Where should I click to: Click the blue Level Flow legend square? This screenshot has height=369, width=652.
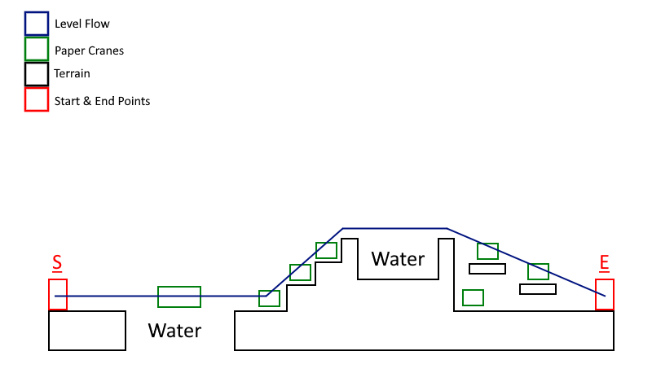click(x=37, y=24)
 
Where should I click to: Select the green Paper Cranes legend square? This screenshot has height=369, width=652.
click(x=37, y=49)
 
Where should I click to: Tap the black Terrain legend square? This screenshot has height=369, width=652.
click(x=37, y=74)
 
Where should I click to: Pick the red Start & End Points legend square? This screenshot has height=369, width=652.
click(x=37, y=99)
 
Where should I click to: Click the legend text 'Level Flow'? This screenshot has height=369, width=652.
click(x=81, y=24)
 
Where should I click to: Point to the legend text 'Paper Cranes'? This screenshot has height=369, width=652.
click(x=89, y=51)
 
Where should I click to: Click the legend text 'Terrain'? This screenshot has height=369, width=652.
click(x=72, y=74)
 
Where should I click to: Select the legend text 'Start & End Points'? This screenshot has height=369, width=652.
click(x=102, y=101)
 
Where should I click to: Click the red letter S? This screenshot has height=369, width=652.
click(x=57, y=263)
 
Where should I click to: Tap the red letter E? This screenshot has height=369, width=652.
click(x=604, y=262)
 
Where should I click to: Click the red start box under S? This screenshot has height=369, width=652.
click(x=58, y=294)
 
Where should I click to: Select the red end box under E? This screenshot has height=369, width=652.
click(x=605, y=294)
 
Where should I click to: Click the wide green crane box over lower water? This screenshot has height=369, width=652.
click(x=179, y=297)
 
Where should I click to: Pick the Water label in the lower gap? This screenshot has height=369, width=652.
click(x=174, y=331)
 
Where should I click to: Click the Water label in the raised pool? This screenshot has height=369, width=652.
click(x=398, y=259)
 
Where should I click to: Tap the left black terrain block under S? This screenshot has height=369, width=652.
click(x=87, y=331)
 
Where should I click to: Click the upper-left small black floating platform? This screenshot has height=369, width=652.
click(x=487, y=269)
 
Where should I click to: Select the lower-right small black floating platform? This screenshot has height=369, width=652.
click(x=538, y=289)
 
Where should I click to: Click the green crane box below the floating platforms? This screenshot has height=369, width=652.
click(x=474, y=297)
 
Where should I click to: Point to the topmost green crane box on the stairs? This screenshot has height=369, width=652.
click(x=327, y=250)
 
